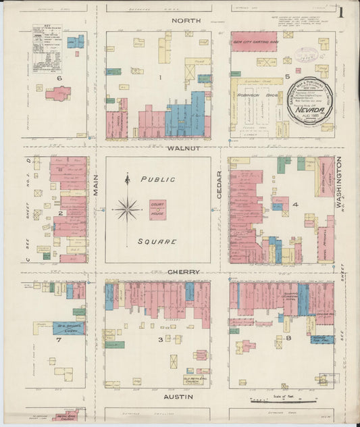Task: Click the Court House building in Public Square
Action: [157, 209]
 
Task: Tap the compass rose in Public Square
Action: [127, 209]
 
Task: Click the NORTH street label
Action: [186, 22]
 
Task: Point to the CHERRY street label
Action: [184, 272]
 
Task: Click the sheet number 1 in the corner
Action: [344, 12]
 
